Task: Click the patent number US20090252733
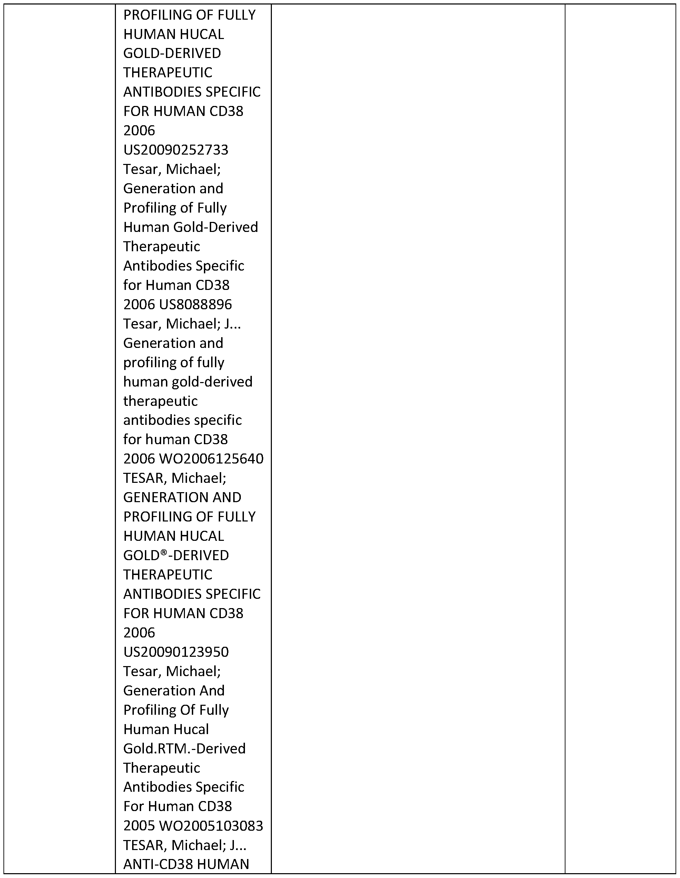pos(176,150)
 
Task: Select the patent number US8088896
pos(195,304)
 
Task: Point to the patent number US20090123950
pos(176,652)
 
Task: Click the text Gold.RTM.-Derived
pos(184,749)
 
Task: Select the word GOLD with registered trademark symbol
pos(142,555)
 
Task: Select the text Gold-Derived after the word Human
pos(215,227)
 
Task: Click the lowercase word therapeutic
pos(160,401)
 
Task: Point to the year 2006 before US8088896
pos(139,304)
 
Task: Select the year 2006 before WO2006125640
pos(139,459)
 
